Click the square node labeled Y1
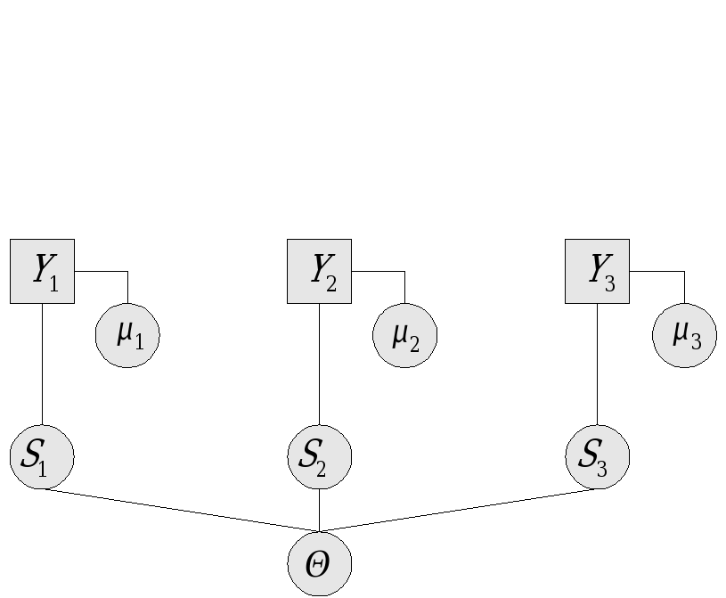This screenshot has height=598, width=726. pyautogui.click(x=42, y=271)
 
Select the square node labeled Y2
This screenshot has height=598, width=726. pyautogui.click(x=319, y=271)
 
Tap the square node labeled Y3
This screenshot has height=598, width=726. pyautogui.click(x=597, y=271)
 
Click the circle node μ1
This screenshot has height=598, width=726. pyautogui.click(x=127, y=335)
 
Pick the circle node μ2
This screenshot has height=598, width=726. pyautogui.click(x=405, y=335)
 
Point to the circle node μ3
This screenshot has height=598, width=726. pyautogui.click(x=684, y=335)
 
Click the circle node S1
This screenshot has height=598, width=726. pyautogui.click(x=42, y=457)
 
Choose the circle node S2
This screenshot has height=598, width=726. pyautogui.click(x=319, y=457)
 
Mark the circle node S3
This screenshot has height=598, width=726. pyautogui.click(x=597, y=457)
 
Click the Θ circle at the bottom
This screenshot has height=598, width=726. pyautogui.click(x=319, y=563)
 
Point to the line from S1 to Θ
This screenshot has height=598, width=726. pyautogui.click(x=178, y=510)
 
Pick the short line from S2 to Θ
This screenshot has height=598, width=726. pyautogui.click(x=319, y=510)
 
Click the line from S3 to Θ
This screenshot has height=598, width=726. pyautogui.click(x=460, y=510)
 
